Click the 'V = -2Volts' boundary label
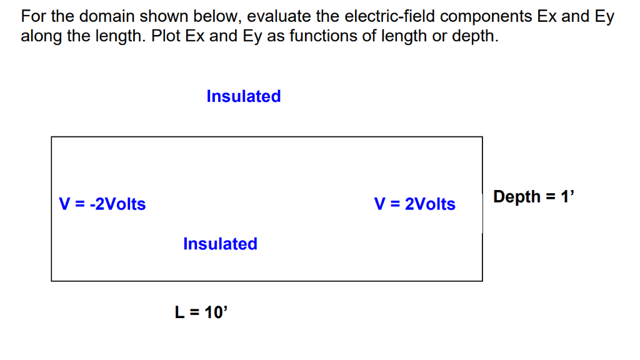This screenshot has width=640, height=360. pyautogui.click(x=102, y=204)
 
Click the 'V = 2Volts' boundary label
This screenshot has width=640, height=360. pyautogui.click(x=415, y=204)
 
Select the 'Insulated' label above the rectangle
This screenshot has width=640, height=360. pyautogui.click(x=244, y=96)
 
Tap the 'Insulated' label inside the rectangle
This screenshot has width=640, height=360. pyautogui.click(x=220, y=244)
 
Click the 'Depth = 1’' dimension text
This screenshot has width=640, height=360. pyautogui.click(x=533, y=197)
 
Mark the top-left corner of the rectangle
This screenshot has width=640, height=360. pyautogui.click(x=52, y=137)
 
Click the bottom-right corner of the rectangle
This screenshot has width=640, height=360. pyautogui.click(x=482, y=281)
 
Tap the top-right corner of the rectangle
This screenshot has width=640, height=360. pyautogui.click(x=482, y=137)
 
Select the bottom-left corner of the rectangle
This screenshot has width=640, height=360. pyautogui.click(x=52, y=281)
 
